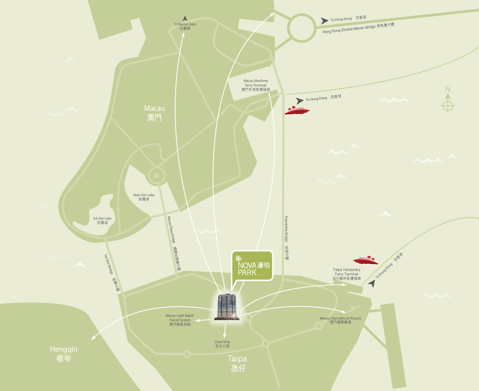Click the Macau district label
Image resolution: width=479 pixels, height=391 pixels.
pyautogui.click(x=154, y=113)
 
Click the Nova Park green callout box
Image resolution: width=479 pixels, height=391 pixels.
pyautogui.click(x=252, y=266)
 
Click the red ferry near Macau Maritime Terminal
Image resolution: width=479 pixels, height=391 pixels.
pyautogui.click(x=297, y=111)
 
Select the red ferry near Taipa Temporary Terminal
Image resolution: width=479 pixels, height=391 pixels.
pyautogui.click(x=366, y=261)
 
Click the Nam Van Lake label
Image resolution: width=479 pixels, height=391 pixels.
pyautogui.click(x=144, y=197)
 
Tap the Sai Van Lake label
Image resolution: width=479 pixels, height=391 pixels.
pyautogui.click(x=102, y=220)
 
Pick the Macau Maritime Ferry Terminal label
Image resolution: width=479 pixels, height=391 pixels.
pyautogui.click(x=256, y=85)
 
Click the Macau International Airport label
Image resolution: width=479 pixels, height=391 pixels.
pyautogui.click(x=340, y=320)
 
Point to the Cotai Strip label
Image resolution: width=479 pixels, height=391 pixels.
pyautogui.click(x=222, y=344)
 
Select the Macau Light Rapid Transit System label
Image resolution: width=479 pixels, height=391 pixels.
pyautogui.click(x=180, y=320)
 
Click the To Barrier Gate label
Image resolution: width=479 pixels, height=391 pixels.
pyautogui.click(x=185, y=26)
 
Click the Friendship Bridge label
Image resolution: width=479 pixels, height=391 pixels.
pyautogui.click(x=286, y=238)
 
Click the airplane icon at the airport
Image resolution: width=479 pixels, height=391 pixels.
pyautogui.click(x=353, y=308)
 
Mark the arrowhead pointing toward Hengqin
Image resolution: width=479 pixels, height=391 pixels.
pyautogui.click(x=93, y=338)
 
